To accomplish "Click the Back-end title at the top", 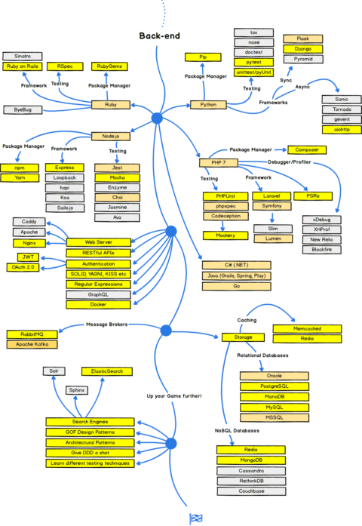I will (158, 35).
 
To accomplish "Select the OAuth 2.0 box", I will (27, 267).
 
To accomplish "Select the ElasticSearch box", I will (108, 371).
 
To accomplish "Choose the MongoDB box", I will (251, 460).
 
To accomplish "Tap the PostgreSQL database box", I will (275, 386).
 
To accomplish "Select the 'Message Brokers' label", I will (109, 325).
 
